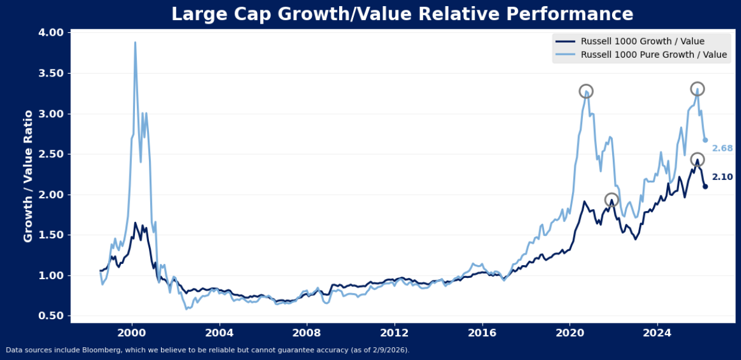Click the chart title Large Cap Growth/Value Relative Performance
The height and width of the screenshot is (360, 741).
pos(402,14)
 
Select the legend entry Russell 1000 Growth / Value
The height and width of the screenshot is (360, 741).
pos(643,41)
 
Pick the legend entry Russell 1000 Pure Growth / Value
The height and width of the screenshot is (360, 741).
pos(653,55)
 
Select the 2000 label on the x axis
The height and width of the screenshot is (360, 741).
pos(131,333)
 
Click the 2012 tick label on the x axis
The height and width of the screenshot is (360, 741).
pos(394,333)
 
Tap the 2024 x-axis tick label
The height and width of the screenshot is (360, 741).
pos(657,333)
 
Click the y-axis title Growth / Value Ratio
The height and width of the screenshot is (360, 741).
pos(28,176)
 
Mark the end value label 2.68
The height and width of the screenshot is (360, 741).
pos(722,148)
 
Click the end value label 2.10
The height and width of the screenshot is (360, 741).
pos(722,177)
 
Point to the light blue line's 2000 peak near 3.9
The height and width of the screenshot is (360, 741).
pos(135,43)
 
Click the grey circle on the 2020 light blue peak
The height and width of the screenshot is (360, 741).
pos(585,91)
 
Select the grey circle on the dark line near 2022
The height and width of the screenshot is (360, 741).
pos(612,199)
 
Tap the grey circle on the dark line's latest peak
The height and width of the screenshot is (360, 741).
pos(697,159)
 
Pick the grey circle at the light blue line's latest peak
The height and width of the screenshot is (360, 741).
pos(697,89)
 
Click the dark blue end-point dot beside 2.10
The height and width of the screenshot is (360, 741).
pos(705,186)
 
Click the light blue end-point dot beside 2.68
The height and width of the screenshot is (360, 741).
pos(705,140)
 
